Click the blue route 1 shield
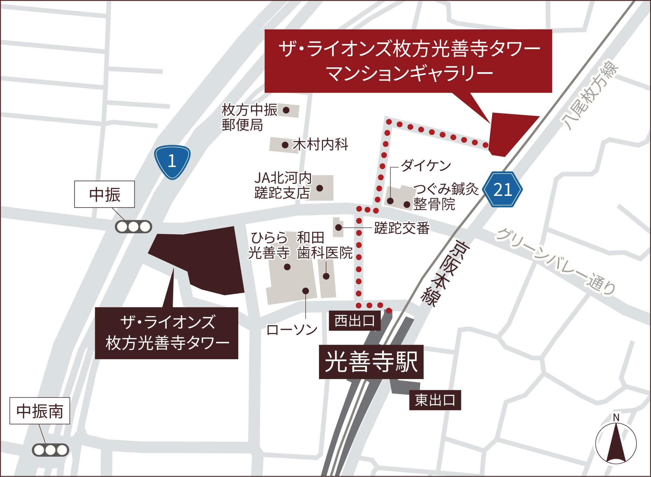point(172,161)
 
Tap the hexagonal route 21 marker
point(503,190)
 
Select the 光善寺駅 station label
point(371,362)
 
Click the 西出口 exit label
point(354,321)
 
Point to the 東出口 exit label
point(435,400)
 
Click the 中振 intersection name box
point(104,194)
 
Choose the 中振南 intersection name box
point(40,411)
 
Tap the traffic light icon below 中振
point(133,226)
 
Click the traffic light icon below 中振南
point(50,450)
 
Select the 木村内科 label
point(320,144)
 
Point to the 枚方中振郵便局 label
point(249,117)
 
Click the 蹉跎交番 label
point(402,228)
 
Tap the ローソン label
point(292,330)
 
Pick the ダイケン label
point(425,166)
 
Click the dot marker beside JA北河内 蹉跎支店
point(320,188)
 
